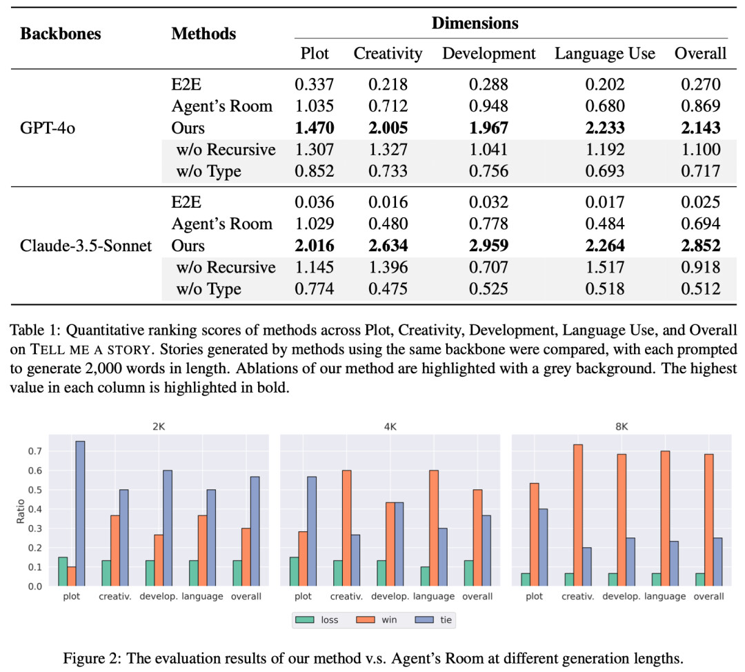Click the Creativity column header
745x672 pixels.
click(x=388, y=53)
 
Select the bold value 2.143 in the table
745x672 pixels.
click(x=700, y=128)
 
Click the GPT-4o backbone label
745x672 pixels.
click(x=48, y=128)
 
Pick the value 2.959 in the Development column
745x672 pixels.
click(x=488, y=246)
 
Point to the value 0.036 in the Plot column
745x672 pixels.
click(x=315, y=202)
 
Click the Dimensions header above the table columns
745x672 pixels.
click(x=475, y=23)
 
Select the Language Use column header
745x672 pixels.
click(x=605, y=53)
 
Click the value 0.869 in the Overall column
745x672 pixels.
click(x=700, y=106)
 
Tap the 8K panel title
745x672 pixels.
click(x=622, y=426)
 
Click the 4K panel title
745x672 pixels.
click(x=390, y=426)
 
